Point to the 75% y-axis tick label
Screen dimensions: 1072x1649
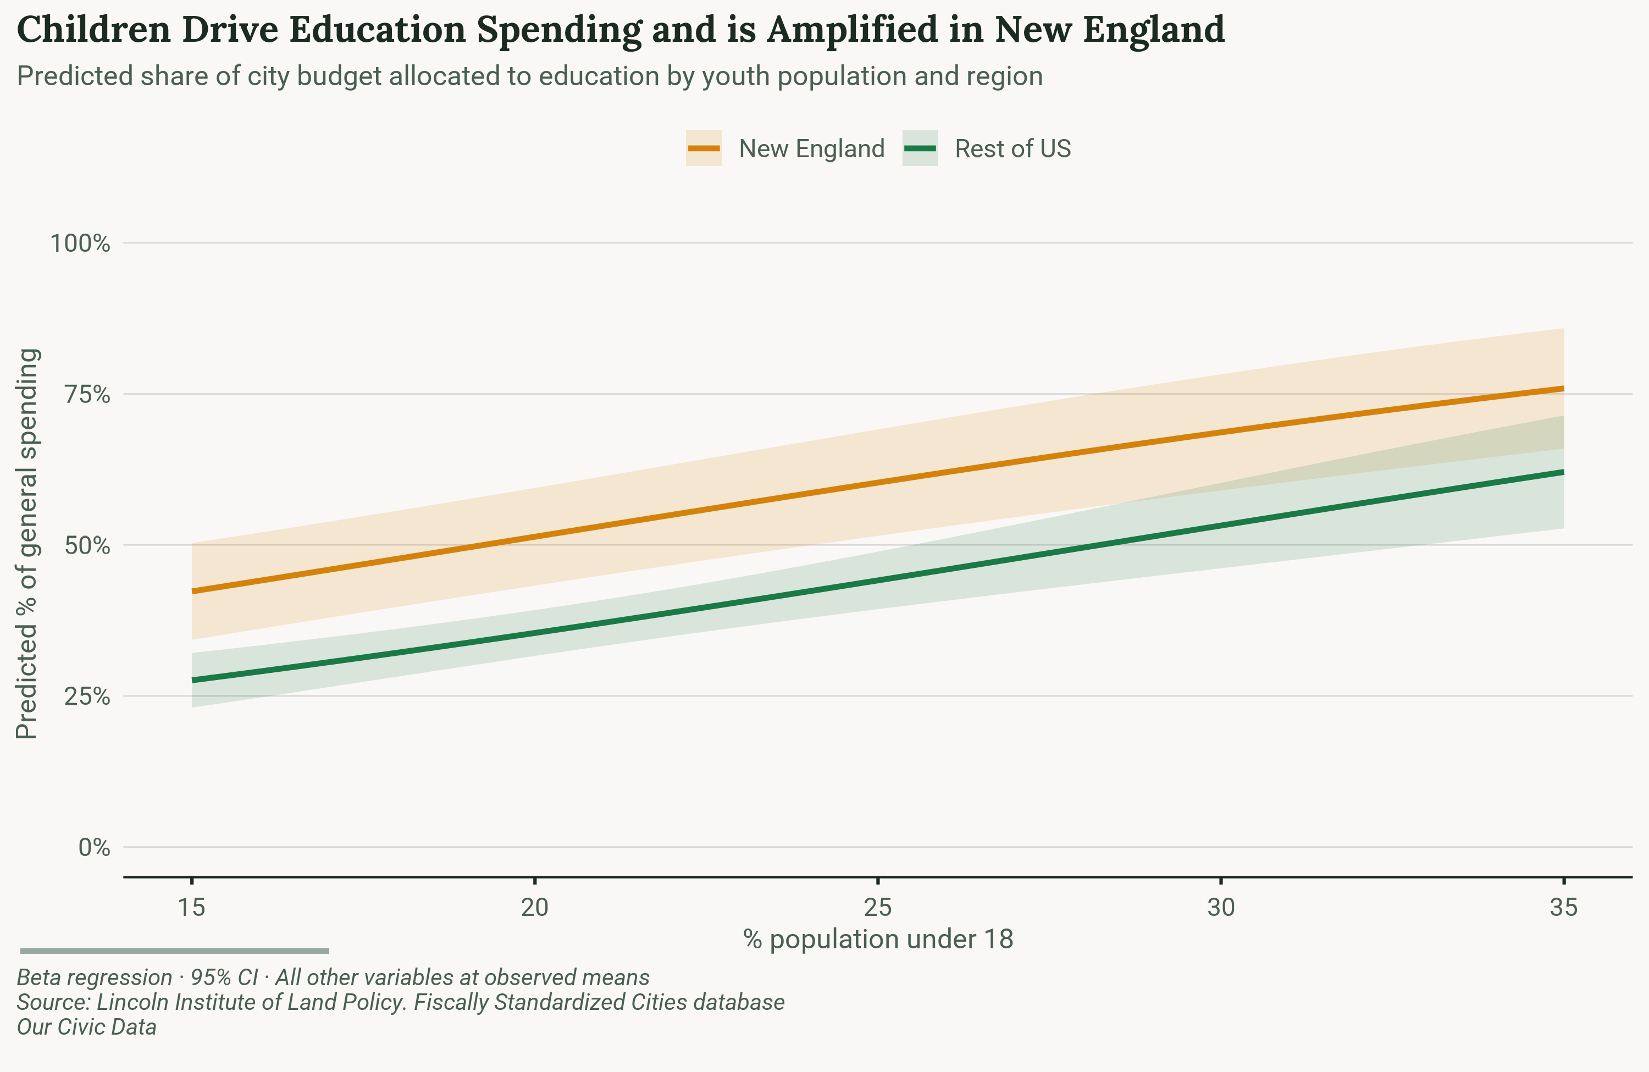(x=87, y=394)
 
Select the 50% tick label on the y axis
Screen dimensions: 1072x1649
(x=87, y=545)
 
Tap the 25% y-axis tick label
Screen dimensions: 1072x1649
(x=87, y=696)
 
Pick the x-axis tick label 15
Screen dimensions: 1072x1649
(x=192, y=907)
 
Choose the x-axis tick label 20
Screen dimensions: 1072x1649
(x=535, y=907)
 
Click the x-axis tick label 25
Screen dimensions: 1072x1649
(x=878, y=907)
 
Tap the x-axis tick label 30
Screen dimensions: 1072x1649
(x=1221, y=907)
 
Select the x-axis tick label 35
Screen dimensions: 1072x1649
(x=1564, y=907)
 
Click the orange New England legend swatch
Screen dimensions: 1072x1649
(x=703, y=148)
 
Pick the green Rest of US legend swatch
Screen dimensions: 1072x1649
(x=920, y=148)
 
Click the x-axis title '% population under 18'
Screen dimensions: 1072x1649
(x=878, y=940)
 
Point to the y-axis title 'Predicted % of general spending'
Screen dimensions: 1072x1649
(x=27, y=544)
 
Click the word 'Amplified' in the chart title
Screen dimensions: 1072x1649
(x=875, y=30)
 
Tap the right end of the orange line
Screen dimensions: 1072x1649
(x=1562, y=389)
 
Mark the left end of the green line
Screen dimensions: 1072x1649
(x=193, y=681)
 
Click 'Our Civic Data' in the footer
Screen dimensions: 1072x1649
(x=87, y=1027)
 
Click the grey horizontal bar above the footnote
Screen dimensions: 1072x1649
(x=175, y=951)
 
